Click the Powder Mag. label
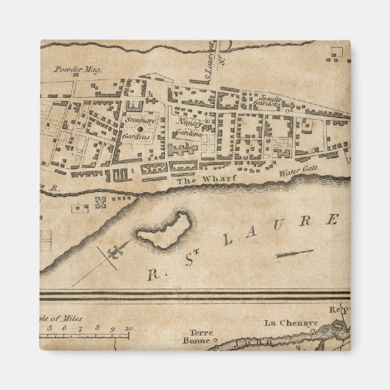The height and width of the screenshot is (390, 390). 77,70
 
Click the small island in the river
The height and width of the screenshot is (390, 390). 163,230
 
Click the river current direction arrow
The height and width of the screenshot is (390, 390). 294,254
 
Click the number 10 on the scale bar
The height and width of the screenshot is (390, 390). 129,329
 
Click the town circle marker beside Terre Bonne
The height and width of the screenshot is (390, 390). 216,341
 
